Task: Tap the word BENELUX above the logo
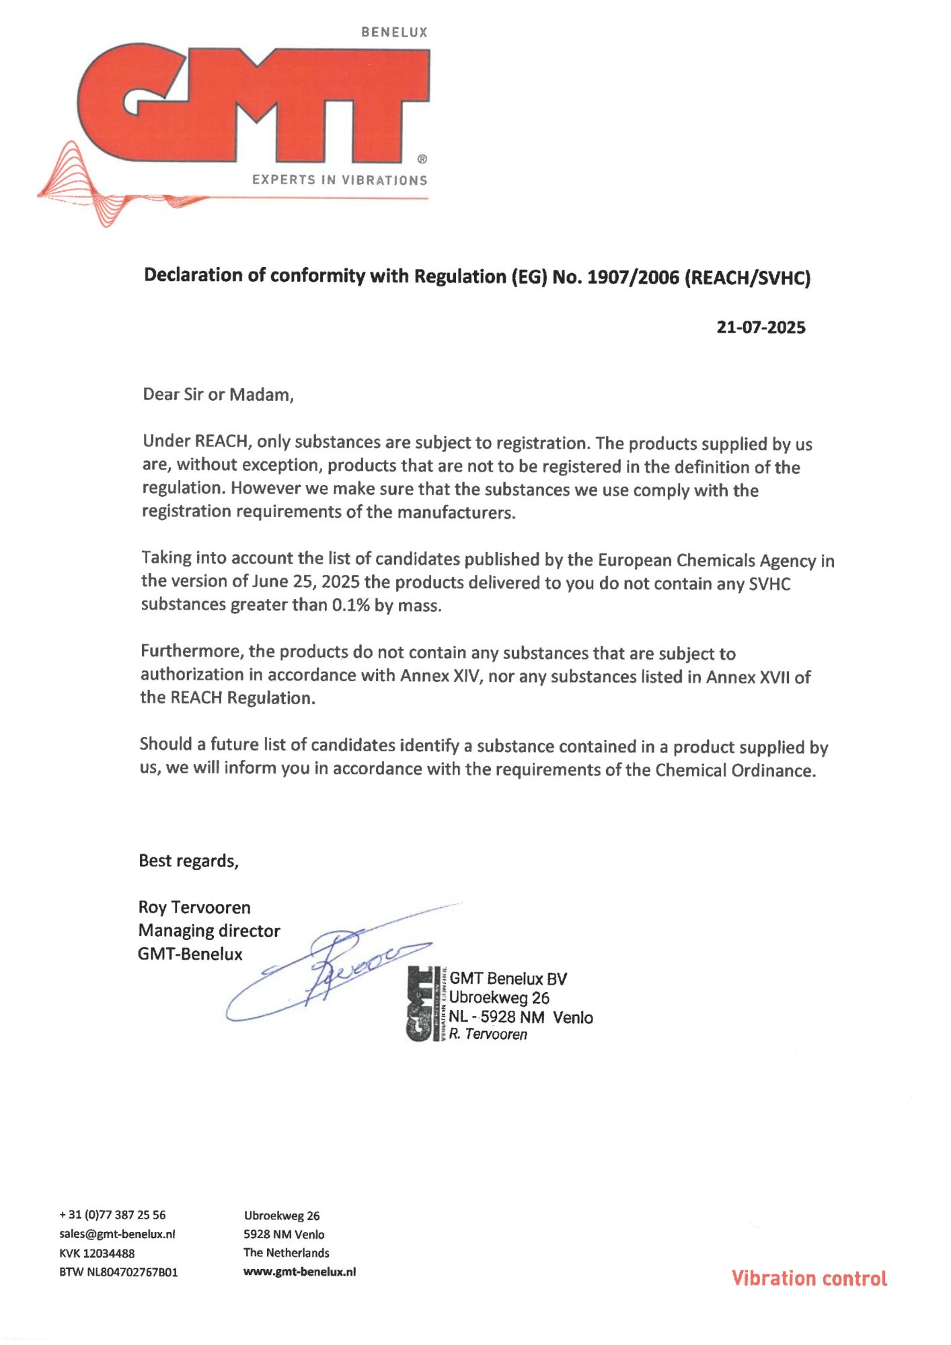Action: click(x=394, y=32)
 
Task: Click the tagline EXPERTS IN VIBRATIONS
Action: click(x=340, y=180)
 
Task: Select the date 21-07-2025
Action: click(x=761, y=328)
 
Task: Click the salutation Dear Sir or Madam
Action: click(x=218, y=394)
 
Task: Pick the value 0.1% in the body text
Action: click(x=351, y=605)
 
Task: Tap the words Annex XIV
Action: click(x=441, y=675)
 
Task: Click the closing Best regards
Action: click(x=188, y=861)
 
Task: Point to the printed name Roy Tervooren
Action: click(x=194, y=907)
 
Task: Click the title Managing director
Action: click(x=209, y=931)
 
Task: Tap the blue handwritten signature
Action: click(x=330, y=968)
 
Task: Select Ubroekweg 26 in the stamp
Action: click(x=499, y=998)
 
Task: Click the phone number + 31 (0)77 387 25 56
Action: click(x=112, y=1215)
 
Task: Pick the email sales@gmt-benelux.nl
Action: click(x=117, y=1234)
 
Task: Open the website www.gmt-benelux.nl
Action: click(x=299, y=1272)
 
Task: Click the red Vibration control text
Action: click(x=809, y=1278)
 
